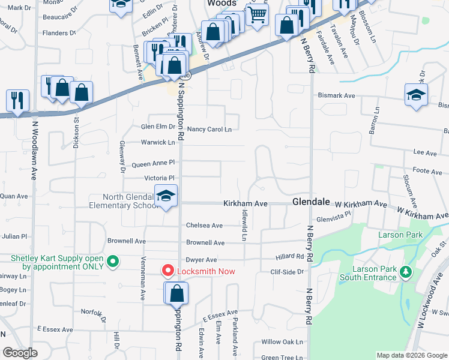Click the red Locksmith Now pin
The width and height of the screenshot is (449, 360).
click(168, 271)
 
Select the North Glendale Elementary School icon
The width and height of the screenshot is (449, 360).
click(166, 196)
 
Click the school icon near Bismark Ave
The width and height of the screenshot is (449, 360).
click(416, 95)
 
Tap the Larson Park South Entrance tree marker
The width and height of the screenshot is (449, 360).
click(406, 272)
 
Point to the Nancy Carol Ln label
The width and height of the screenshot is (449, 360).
click(209, 129)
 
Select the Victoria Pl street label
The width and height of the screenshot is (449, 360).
click(159, 178)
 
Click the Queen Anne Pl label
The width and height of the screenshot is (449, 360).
click(153, 163)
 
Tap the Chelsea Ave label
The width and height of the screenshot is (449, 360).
click(204, 226)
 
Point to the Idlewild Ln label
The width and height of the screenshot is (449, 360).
click(244, 225)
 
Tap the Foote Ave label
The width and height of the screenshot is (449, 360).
click(428, 172)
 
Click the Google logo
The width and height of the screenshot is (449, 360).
click(20, 353)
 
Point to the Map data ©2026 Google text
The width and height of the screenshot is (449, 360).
click(411, 355)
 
